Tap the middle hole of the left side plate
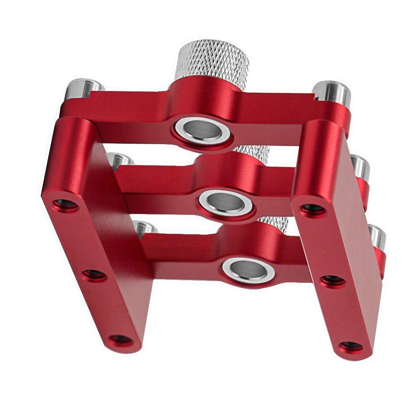coord(94,275)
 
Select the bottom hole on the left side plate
coord(121,339)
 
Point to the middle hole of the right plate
coord(333,280)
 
